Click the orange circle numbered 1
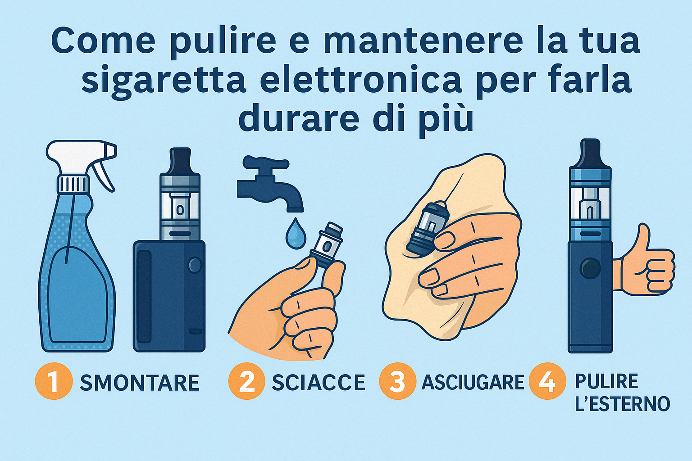coord(54,381)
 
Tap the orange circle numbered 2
coord(247,381)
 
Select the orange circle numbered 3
coord(398,381)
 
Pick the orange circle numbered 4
coord(547,381)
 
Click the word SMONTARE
coord(140,383)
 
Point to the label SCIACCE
coord(319,383)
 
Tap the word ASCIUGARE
coord(473,383)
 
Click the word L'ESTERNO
coord(623,403)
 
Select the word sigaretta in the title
coord(164,81)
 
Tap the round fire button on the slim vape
coord(590,268)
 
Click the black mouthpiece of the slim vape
coord(590,153)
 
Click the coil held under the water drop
coord(327,244)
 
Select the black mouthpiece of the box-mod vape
coord(180,160)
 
